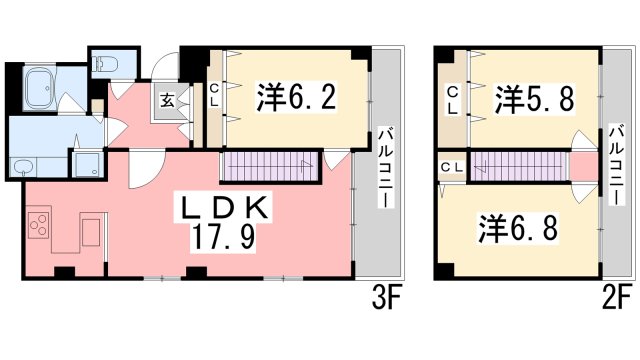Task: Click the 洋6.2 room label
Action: [296, 97]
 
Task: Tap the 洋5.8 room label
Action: [535, 98]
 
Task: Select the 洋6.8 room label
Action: [518, 228]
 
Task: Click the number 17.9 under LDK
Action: [223, 238]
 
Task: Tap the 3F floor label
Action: [387, 299]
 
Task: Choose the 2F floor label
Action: [618, 299]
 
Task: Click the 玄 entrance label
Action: [167, 100]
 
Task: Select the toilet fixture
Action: [105, 64]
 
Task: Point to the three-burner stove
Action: [38, 225]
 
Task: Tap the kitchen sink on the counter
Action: [91, 232]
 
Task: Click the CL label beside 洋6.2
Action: [214, 95]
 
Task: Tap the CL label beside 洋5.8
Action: [453, 100]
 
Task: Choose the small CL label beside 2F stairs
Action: [452, 167]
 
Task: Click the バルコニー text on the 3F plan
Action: [386, 168]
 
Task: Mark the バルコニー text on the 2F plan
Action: [617, 164]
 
